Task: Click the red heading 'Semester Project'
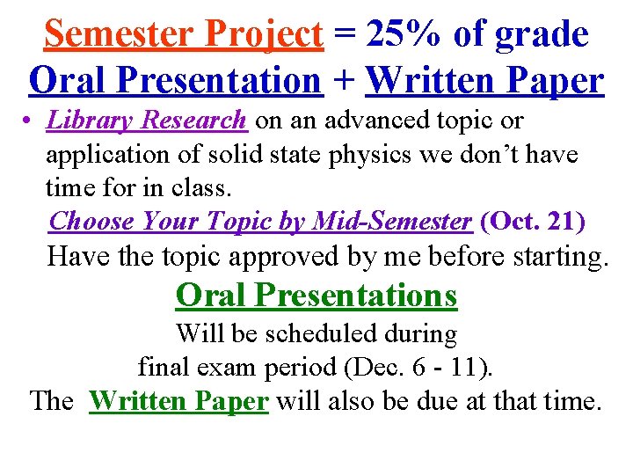point(184,34)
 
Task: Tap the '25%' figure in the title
point(405,34)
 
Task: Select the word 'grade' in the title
point(542,34)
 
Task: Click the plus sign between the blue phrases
point(344,82)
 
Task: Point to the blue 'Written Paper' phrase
point(484,81)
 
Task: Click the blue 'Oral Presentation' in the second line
point(175,81)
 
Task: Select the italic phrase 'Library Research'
point(147,120)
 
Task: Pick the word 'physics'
point(385,155)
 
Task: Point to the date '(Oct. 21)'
point(533,222)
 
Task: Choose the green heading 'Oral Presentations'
point(316,296)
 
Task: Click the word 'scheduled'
point(338,334)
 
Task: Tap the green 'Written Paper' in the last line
point(178,401)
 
